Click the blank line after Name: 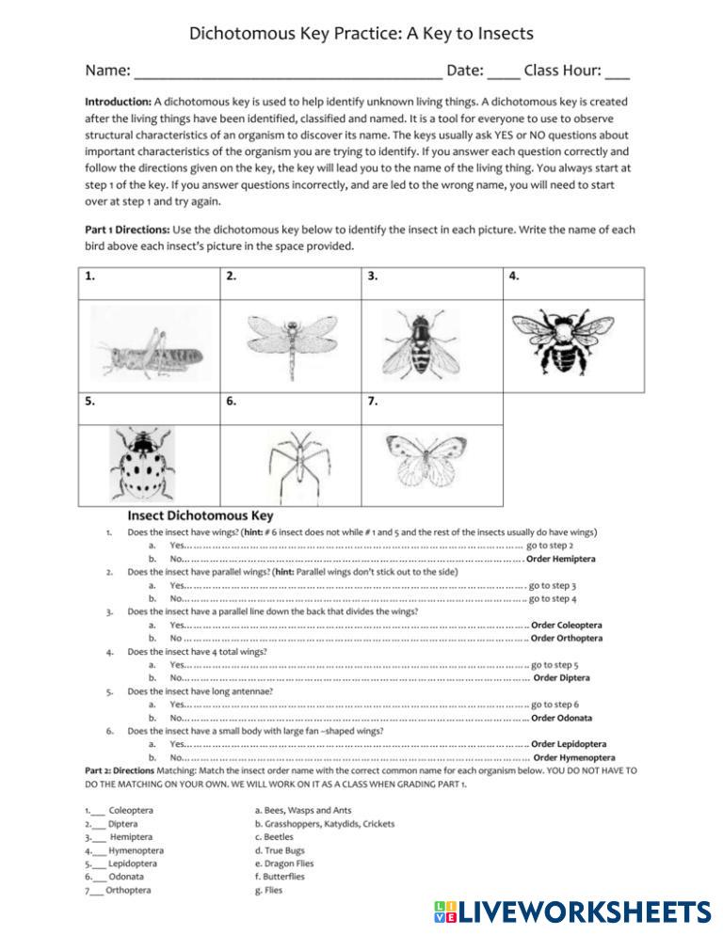288,71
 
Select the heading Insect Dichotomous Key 201,515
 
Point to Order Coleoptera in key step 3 567,625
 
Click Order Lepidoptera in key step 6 569,744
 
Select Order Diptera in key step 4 562,677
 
